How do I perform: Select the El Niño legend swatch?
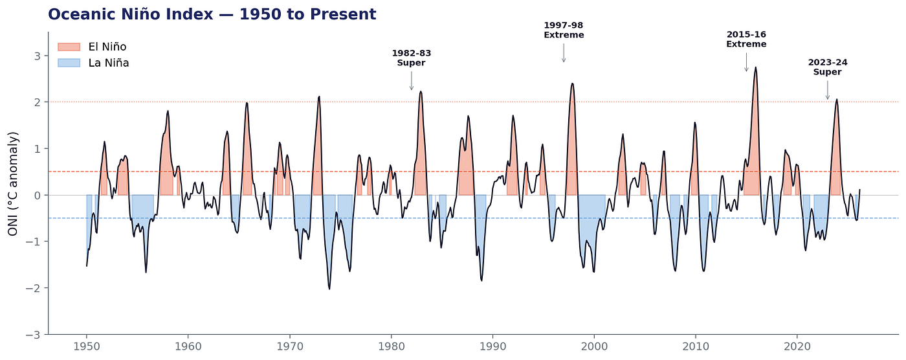(69, 47)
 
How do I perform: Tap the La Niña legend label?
(109, 63)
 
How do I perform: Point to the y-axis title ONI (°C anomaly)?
(13, 184)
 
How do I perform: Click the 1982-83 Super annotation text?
(412, 58)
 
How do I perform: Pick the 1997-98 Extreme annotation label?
(564, 30)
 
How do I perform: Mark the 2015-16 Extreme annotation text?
(746, 39)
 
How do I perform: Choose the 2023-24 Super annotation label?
(828, 67)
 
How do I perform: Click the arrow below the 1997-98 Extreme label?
(564, 53)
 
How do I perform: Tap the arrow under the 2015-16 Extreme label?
(746, 62)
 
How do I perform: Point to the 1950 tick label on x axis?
(86, 346)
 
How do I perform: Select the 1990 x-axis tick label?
(492, 346)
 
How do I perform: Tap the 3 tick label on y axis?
(38, 56)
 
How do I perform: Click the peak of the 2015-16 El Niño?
(755, 67)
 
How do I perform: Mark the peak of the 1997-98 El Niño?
(572, 84)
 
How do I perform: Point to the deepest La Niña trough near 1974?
(329, 289)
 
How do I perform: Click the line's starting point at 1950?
(87, 265)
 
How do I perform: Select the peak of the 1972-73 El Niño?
(319, 96)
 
